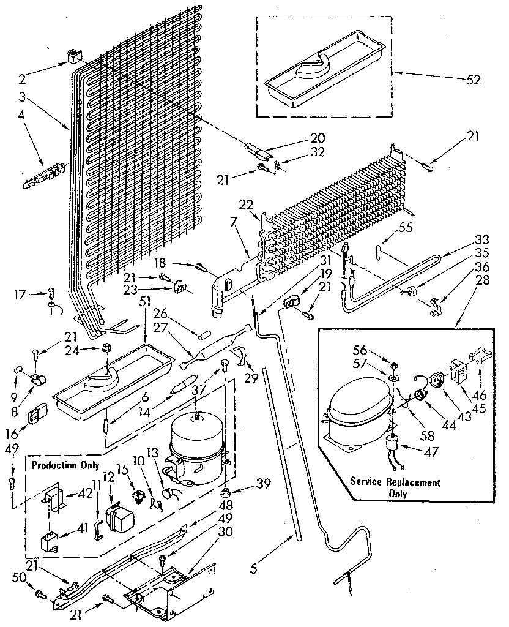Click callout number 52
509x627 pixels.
click(474, 80)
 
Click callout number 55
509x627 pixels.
click(406, 227)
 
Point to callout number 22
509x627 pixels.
click(245, 205)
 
